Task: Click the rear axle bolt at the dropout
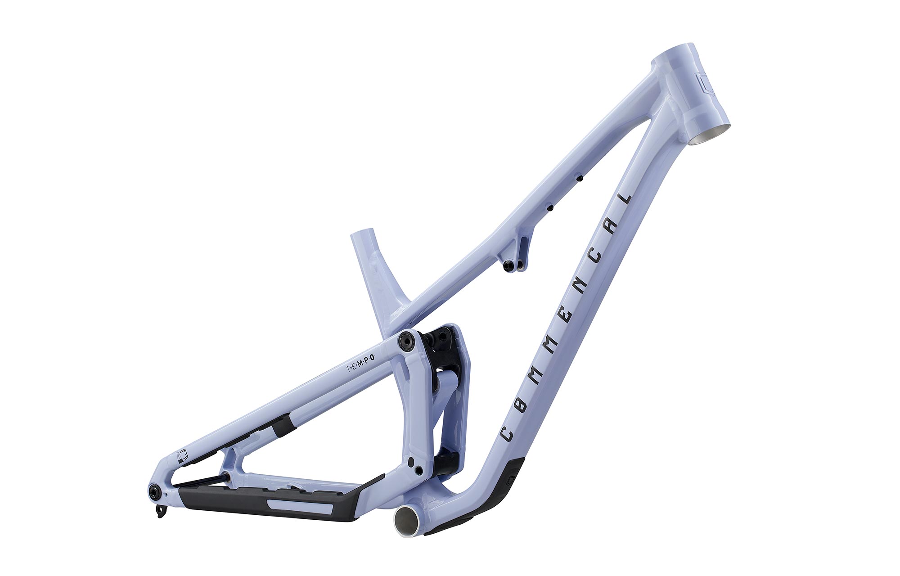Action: [x=154, y=491]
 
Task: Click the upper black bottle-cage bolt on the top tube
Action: [x=579, y=179]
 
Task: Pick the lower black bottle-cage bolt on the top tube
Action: [x=549, y=208]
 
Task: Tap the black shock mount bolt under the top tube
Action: [x=508, y=265]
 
